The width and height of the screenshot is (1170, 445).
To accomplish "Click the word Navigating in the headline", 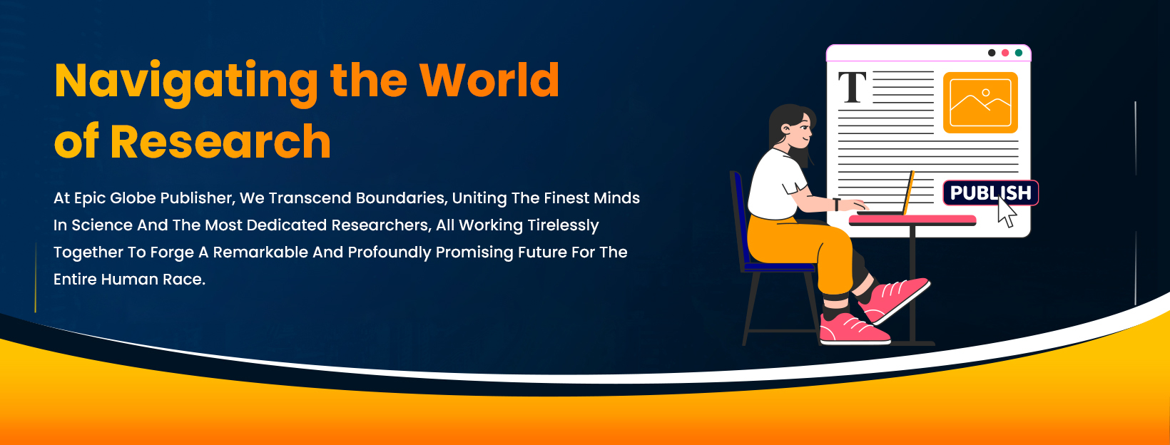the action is point(186,81).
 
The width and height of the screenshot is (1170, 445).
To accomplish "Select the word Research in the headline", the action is point(220,141).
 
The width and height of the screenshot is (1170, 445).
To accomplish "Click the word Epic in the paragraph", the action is point(89,198).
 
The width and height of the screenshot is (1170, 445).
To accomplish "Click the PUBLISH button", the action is point(990,193).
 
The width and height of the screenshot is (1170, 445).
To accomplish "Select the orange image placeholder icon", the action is point(980,103).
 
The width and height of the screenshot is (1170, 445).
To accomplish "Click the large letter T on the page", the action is point(853,87).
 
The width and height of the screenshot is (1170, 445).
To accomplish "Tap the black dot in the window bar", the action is point(992,53).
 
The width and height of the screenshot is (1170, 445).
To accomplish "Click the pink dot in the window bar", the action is point(1005,53).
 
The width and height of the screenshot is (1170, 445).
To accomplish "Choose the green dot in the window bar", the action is point(1019,53).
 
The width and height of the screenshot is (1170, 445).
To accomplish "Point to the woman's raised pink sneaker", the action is point(894,300).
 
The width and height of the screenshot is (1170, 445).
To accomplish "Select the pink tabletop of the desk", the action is point(912,220).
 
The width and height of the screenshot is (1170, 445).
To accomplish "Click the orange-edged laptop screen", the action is point(909,193).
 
